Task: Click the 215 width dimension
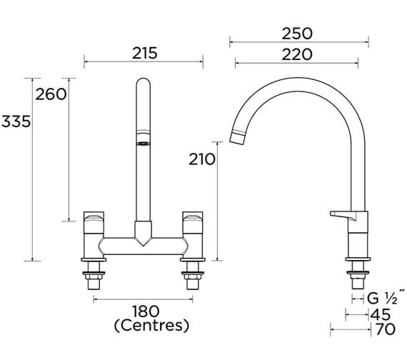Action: coord(144,52)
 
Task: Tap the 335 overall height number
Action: coord(16,121)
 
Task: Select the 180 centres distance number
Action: coord(144,311)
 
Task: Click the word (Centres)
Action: coord(151,327)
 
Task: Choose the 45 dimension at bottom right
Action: coord(381,314)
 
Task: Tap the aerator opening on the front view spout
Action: coord(142,143)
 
